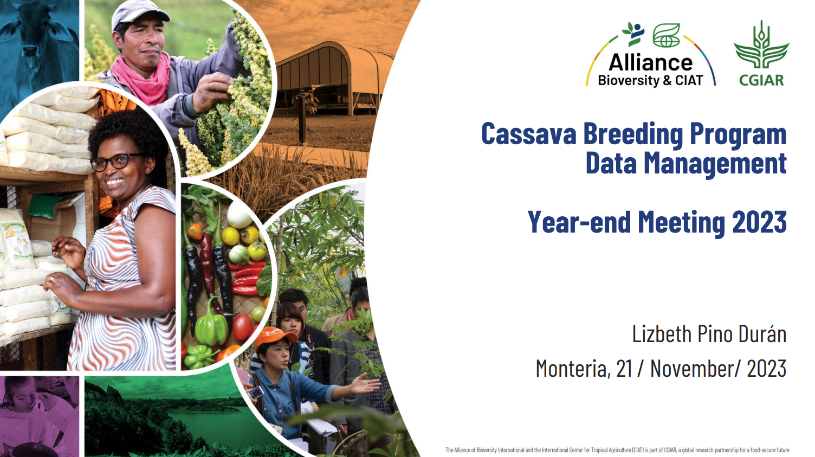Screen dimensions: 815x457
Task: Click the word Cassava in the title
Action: [x=529, y=134]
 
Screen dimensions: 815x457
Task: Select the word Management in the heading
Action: [x=715, y=164]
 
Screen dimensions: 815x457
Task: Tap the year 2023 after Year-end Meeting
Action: [x=759, y=222]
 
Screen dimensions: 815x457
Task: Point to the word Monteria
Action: [x=572, y=368]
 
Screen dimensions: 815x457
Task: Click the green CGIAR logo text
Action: [x=761, y=80]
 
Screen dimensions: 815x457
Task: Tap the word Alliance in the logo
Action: [x=651, y=62]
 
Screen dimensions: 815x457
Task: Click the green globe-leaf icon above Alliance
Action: [x=667, y=35]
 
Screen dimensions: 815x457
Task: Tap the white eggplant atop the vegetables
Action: [x=240, y=215]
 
